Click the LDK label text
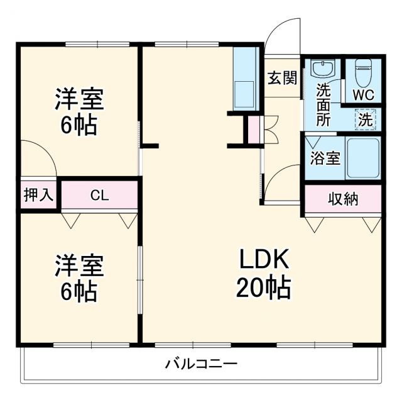coord(263,260)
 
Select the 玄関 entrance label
coord(282,78)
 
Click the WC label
coord(363,95)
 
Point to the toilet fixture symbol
coord(363,72)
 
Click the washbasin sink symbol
coord(322,68)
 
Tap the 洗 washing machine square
coord(365,118)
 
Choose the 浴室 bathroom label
coord(325,158)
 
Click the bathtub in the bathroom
coord(362,158)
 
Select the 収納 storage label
coord(343,199)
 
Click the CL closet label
coord(99,195)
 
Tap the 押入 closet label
coord(38,195)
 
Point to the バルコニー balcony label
coord(201,364)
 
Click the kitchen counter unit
coord(244,79)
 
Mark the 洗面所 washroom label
coord(323,104)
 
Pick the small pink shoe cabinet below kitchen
coord(253,130)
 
